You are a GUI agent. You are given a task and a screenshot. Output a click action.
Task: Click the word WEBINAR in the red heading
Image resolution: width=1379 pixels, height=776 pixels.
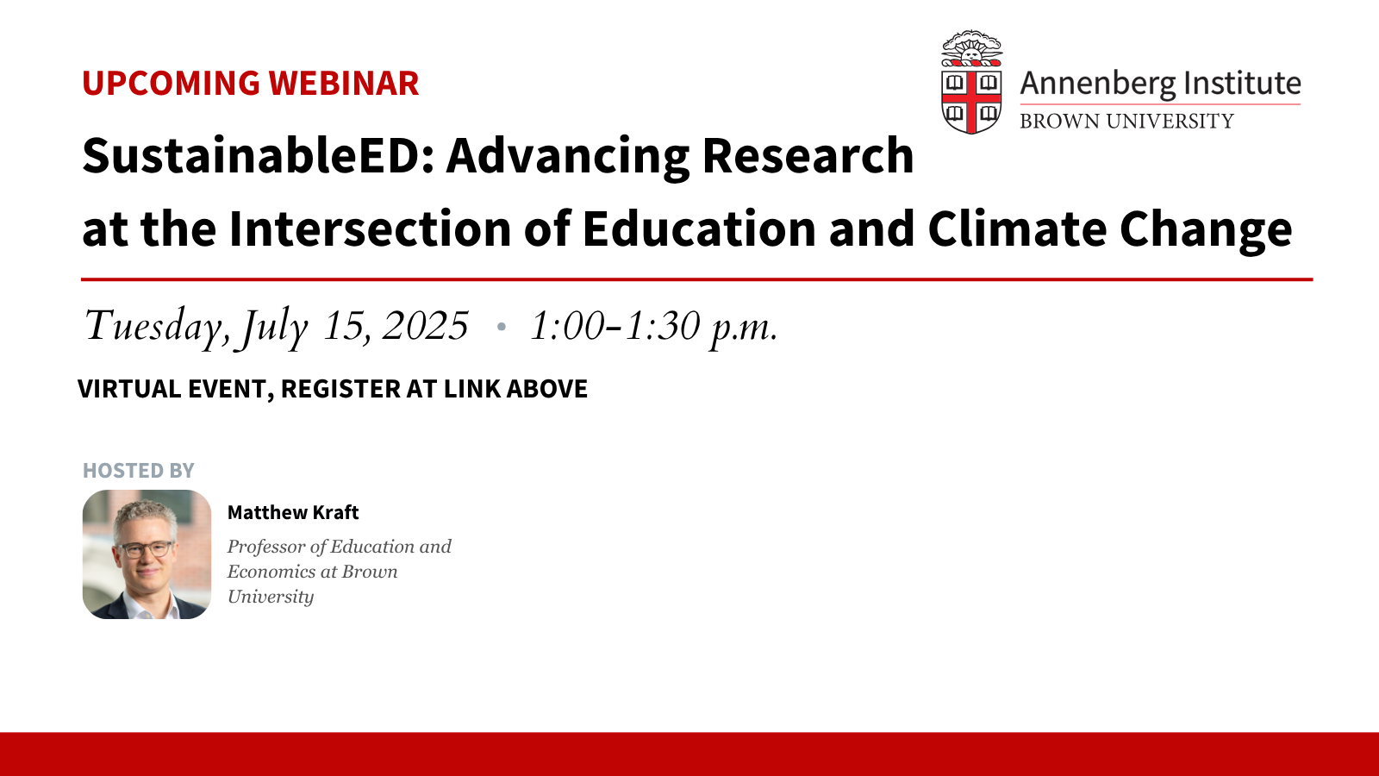pos(344,83)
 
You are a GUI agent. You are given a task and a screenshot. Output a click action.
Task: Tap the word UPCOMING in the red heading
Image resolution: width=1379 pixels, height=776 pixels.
pos(172,83)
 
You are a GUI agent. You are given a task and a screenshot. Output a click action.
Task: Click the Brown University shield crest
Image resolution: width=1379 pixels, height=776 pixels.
pos(971,82)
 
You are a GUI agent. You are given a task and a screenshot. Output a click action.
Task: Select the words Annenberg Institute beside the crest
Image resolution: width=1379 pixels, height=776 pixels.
pos(1160,84)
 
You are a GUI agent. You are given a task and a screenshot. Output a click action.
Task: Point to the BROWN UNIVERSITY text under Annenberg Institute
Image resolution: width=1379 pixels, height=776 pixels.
pos(1126,122)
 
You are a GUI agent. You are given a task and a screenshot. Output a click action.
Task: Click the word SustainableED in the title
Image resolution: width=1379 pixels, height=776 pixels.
pos(259,155)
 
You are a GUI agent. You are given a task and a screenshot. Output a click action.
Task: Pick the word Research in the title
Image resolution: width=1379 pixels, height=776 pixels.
pos(808,155)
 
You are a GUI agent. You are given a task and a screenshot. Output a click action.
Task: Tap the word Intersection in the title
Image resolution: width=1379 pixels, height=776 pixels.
pos(370,228)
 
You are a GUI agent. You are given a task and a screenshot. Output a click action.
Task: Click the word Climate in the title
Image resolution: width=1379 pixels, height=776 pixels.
pos(1017,228)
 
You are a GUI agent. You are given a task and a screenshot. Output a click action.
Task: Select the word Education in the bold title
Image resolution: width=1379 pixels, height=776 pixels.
pos(699,228)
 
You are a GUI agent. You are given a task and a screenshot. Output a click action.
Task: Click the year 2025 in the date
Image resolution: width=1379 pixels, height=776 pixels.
pos(426,325)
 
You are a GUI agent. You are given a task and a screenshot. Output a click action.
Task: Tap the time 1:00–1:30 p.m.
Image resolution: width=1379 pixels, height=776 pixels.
pos(654,327)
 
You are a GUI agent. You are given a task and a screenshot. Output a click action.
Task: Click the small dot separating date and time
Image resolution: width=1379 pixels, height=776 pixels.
pos(501,327)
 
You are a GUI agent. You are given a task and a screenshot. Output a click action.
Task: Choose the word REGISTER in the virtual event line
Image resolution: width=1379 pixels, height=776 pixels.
pos(340,389)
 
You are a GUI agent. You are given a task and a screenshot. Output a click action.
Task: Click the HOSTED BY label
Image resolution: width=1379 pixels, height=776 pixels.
pos(139,471)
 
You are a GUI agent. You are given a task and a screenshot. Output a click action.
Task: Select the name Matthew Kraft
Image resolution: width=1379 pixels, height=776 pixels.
pos(293,512)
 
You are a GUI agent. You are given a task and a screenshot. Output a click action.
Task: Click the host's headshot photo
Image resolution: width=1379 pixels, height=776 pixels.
pos(147,554)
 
